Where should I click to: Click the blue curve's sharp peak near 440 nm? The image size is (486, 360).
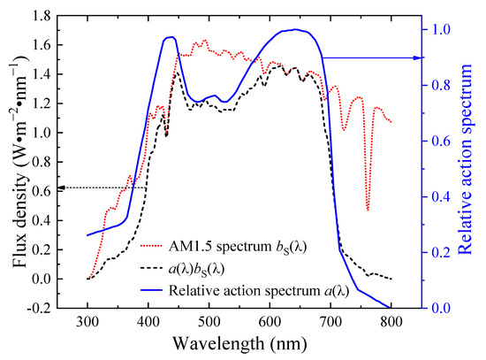tap(170, 37)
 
